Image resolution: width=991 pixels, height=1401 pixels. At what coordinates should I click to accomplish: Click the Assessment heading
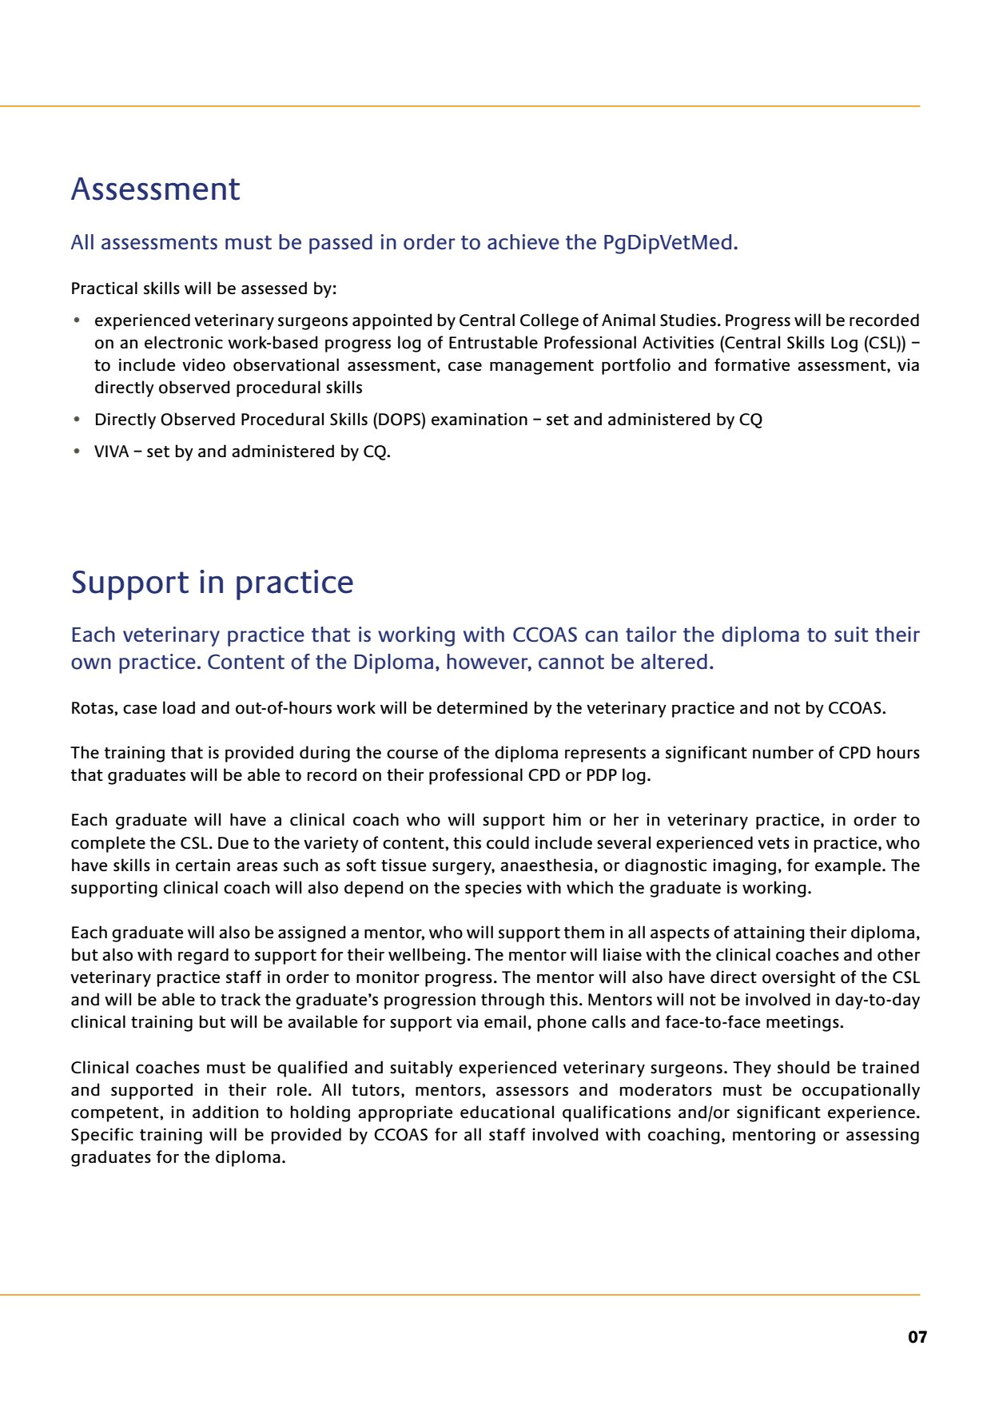click(155, 189)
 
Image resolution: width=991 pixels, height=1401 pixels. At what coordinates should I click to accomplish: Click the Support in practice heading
click(212, 583)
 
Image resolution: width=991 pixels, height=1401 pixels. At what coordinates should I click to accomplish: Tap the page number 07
click(917, 1337)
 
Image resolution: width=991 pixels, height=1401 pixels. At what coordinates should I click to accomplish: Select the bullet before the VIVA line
click(77, 452)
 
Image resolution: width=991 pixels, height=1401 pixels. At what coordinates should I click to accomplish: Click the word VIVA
click(111, 452)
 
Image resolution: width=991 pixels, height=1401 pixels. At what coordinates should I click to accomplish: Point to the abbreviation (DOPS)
click(399, 420)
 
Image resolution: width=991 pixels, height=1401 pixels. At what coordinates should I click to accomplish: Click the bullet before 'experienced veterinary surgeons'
click(77, 320)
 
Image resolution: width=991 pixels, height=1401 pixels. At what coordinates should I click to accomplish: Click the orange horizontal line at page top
click(460, 105)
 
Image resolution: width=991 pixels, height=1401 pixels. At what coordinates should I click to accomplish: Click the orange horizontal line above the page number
click(460, 1295)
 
